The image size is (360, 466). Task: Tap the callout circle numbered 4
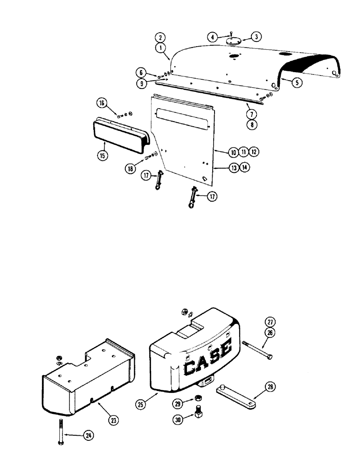coord(213,36)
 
